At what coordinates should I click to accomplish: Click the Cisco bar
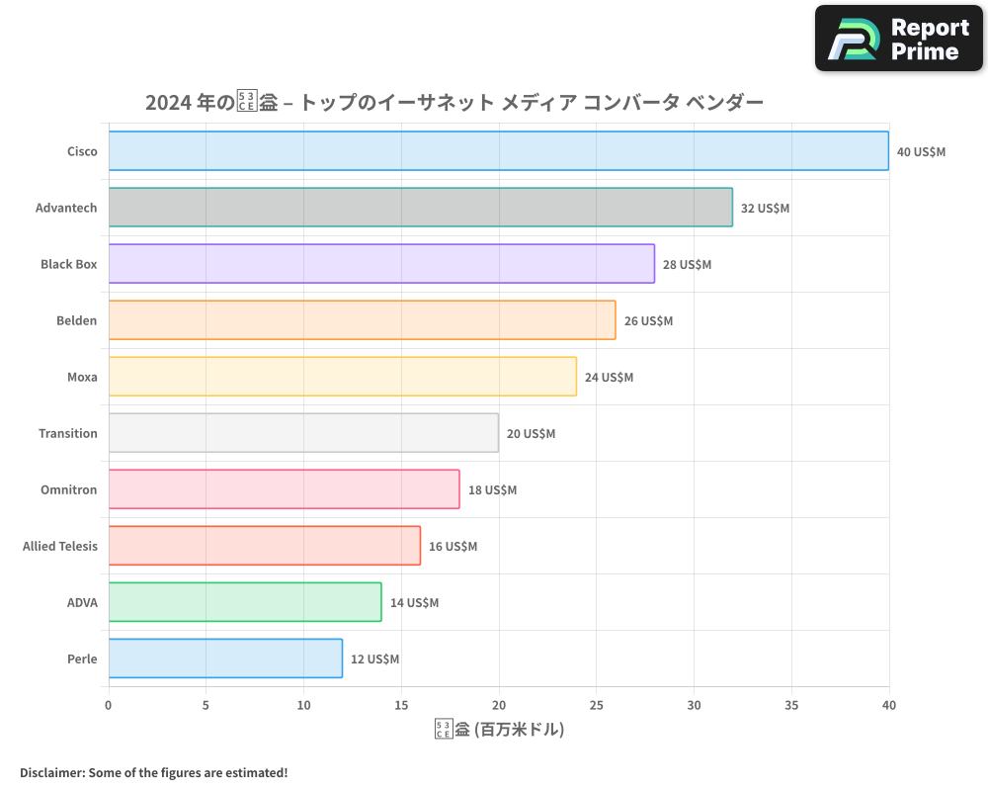click(x=498, y=151)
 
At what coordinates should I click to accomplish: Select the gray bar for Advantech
click(x=420, y=208)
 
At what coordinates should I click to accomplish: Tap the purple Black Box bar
click(x=381, y=264)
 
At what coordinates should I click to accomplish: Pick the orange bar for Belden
click(x=362, y=320)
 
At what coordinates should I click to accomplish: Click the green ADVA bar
click(x=245, y=602)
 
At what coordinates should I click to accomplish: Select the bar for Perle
click(x=225, y=659)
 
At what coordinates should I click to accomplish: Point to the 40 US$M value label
click(x=921, y=152)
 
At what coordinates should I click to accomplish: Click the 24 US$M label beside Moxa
click(x=609, y=378)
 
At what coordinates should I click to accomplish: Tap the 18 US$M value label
click(x=492, y=490)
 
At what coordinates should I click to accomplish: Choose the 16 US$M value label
click(x=453, y=547)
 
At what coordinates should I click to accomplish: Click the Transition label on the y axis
click(x=68, y=434)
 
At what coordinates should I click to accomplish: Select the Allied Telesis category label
click(x=60, y=547)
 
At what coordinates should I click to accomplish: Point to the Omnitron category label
click(x=69, y=490)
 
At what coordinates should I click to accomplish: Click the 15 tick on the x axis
click(x=401, y=706)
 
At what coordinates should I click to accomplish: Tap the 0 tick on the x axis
click(x=109, y=706)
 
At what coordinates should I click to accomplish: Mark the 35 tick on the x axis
click(x=791, y=706)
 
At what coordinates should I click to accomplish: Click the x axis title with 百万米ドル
click(x=499, y=731)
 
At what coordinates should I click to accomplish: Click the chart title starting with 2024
click(x=453, y=103)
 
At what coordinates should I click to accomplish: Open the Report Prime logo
click(x=899, y=39)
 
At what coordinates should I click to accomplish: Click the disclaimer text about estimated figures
click(x=153, y=772)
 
